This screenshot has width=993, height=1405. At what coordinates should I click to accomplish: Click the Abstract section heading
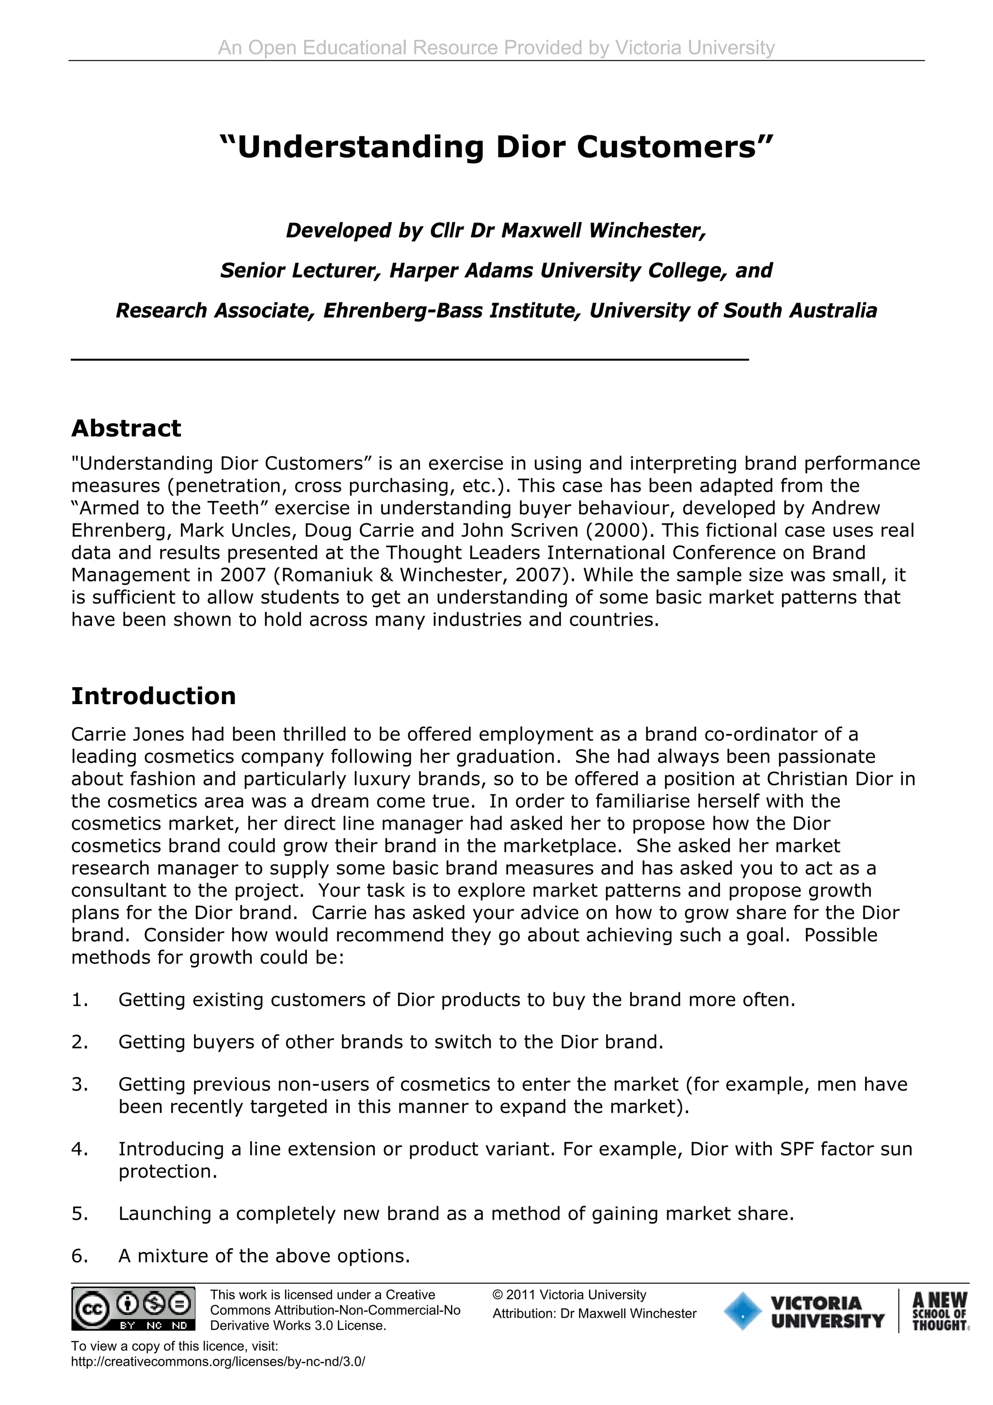click(126, 428)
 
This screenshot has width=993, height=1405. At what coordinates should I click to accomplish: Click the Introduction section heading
click(154, 696)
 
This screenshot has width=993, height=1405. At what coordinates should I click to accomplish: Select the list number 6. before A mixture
click(80, 1256)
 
